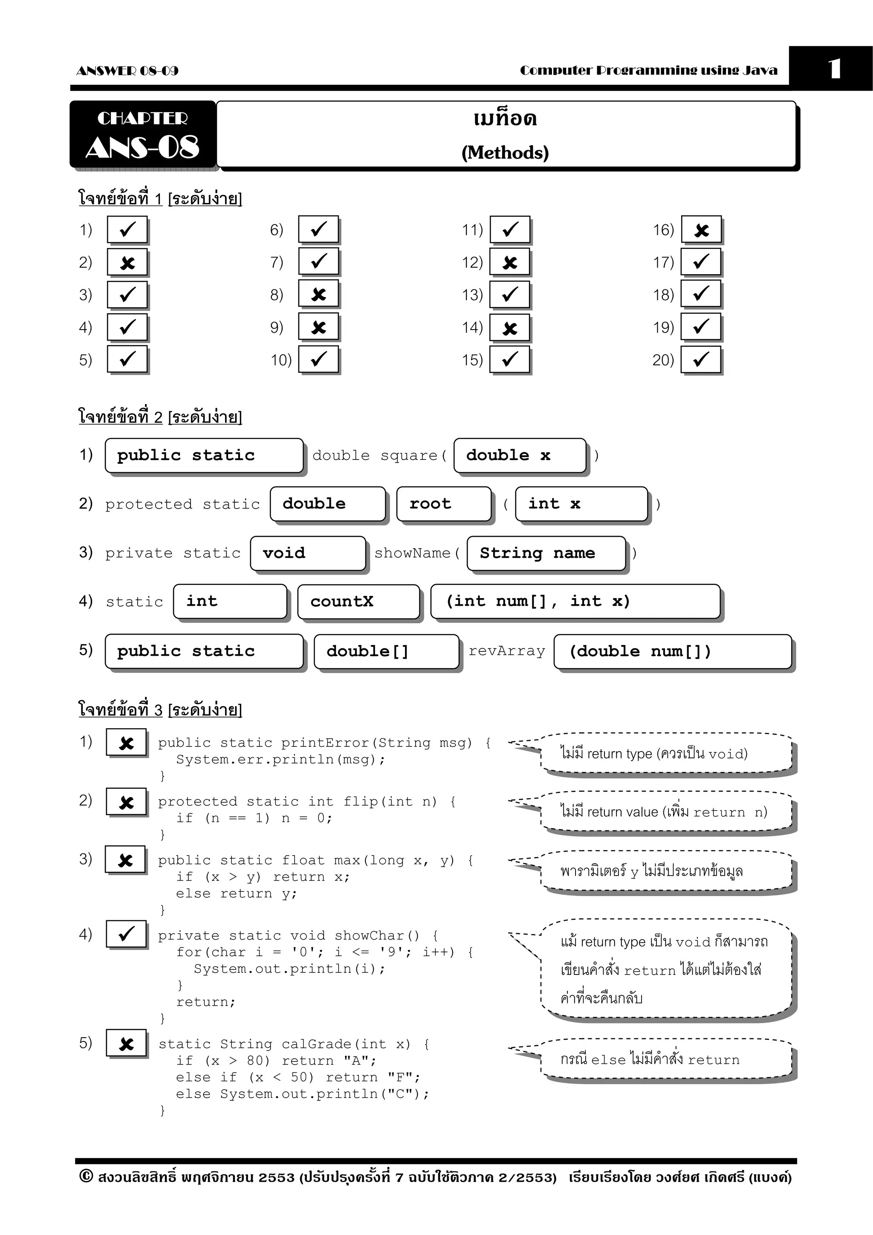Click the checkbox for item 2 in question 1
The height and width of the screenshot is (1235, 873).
(127, 263)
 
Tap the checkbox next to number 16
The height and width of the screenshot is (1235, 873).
(701, 230)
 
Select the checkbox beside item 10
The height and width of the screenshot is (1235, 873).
(318, 359)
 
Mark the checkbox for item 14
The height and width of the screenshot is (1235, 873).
(509, 327)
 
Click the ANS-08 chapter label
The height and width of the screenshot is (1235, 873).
(142, 147)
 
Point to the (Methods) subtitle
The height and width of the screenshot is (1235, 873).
(505, 153)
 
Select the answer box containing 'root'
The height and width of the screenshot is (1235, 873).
(444, 504)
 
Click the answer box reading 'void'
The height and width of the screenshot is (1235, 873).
(308, 553)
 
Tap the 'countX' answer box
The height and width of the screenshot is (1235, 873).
(358, 602)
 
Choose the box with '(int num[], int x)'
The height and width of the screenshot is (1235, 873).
(575, 602)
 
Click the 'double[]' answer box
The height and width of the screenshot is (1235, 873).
(386, 651)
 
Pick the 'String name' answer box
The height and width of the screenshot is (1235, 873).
(546, 553)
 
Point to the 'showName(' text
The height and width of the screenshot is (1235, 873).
(417, 553)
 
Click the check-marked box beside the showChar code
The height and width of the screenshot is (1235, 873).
(126, 933)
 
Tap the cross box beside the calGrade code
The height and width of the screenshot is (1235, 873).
(126, 1044)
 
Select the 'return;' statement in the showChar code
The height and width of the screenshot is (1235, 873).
(206, 1001)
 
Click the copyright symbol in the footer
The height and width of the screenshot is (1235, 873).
(86, 1176)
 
